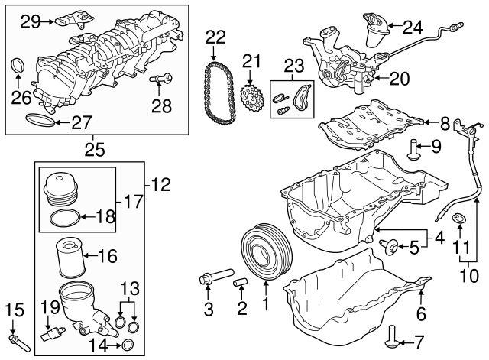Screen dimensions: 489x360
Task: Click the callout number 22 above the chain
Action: (215, 37)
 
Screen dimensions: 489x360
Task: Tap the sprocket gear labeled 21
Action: (251, 97)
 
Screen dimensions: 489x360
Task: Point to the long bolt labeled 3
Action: (216, 275)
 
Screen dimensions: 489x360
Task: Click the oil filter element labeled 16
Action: (71, 258)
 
